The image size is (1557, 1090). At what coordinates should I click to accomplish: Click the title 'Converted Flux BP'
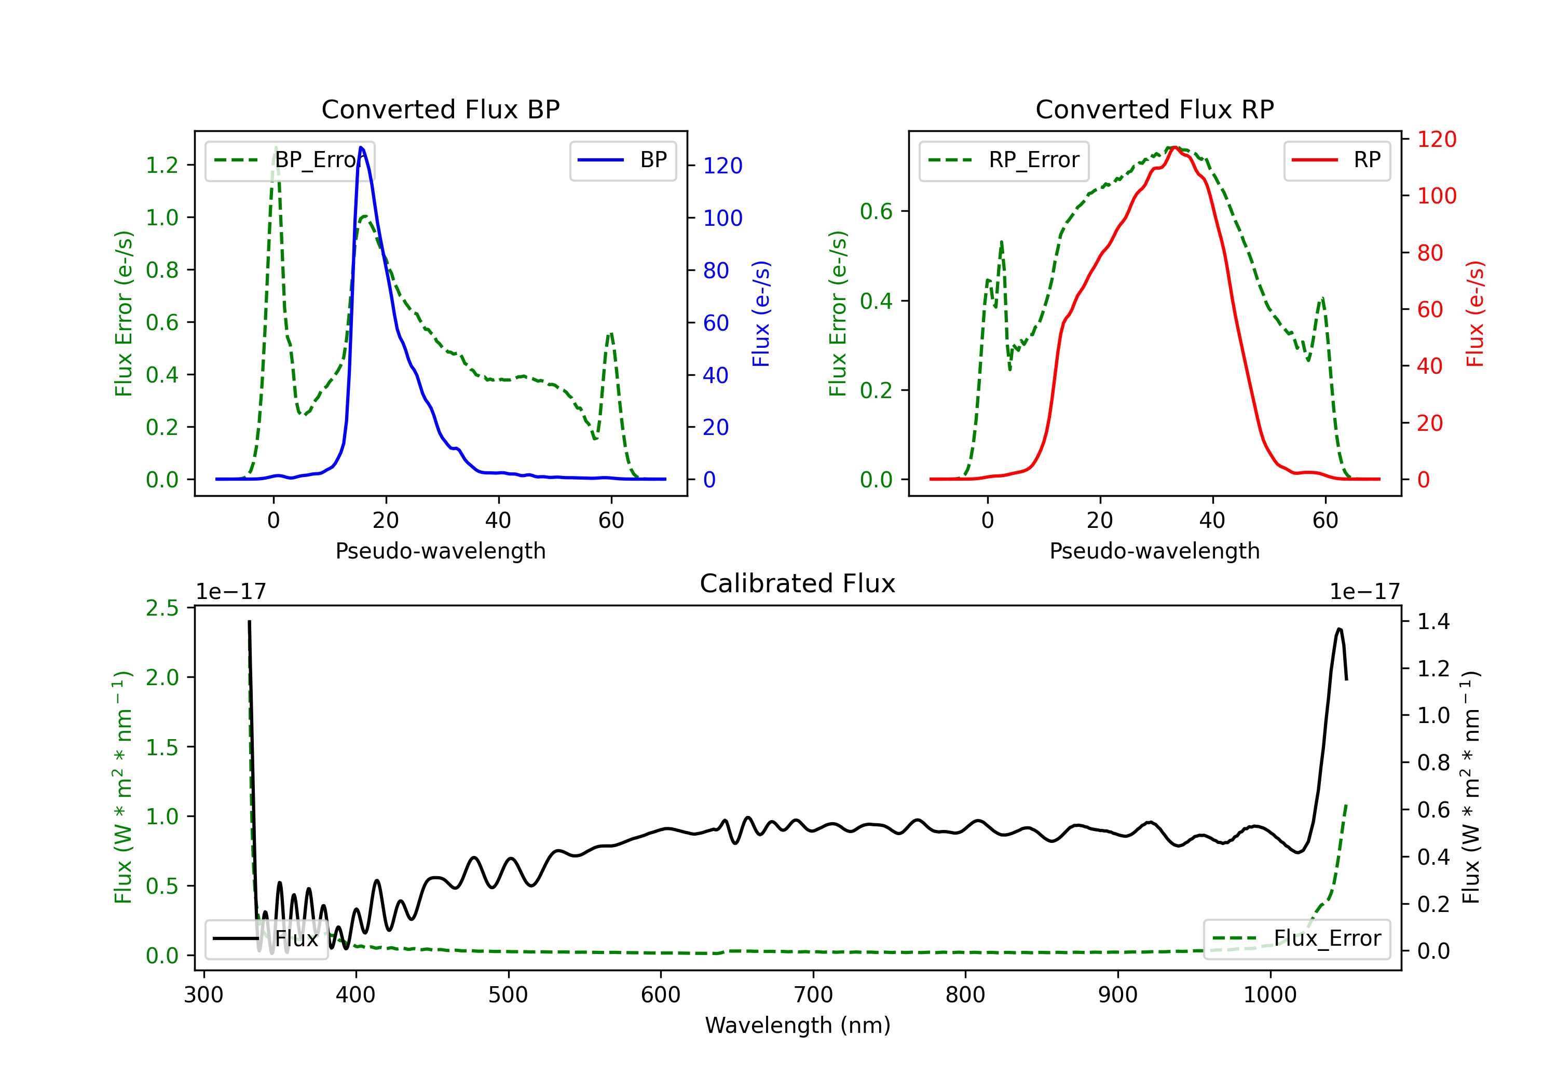coord(441,109)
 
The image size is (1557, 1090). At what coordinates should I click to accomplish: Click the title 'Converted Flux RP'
coord(1155,109)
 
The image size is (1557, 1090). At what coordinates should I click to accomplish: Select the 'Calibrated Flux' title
coord(798,583)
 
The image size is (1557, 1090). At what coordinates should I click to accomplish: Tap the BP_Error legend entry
coord(290,161)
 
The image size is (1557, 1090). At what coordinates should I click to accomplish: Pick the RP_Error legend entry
coord(1004,161)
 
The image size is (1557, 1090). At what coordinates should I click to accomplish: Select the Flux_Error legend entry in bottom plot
coord(1296,939)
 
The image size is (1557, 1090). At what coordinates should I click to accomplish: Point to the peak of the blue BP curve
coord(361,147)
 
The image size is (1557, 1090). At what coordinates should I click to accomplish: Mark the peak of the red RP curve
coord(1174,147)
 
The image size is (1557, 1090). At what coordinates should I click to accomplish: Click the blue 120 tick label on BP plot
coord(723,166)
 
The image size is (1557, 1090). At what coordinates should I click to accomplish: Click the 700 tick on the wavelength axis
coord(813,995)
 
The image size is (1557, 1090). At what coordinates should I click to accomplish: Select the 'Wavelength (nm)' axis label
coord(798,1026)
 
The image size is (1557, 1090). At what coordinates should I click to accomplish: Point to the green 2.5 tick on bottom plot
coord(162,608)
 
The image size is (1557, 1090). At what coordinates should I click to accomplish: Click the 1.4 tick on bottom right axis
coord(1433,621)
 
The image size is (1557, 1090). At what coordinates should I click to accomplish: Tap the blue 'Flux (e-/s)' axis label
coord(761,314)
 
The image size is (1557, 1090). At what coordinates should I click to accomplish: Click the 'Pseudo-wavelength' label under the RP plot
coord(1155,551)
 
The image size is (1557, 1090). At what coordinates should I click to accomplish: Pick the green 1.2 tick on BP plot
coord(162,166)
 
